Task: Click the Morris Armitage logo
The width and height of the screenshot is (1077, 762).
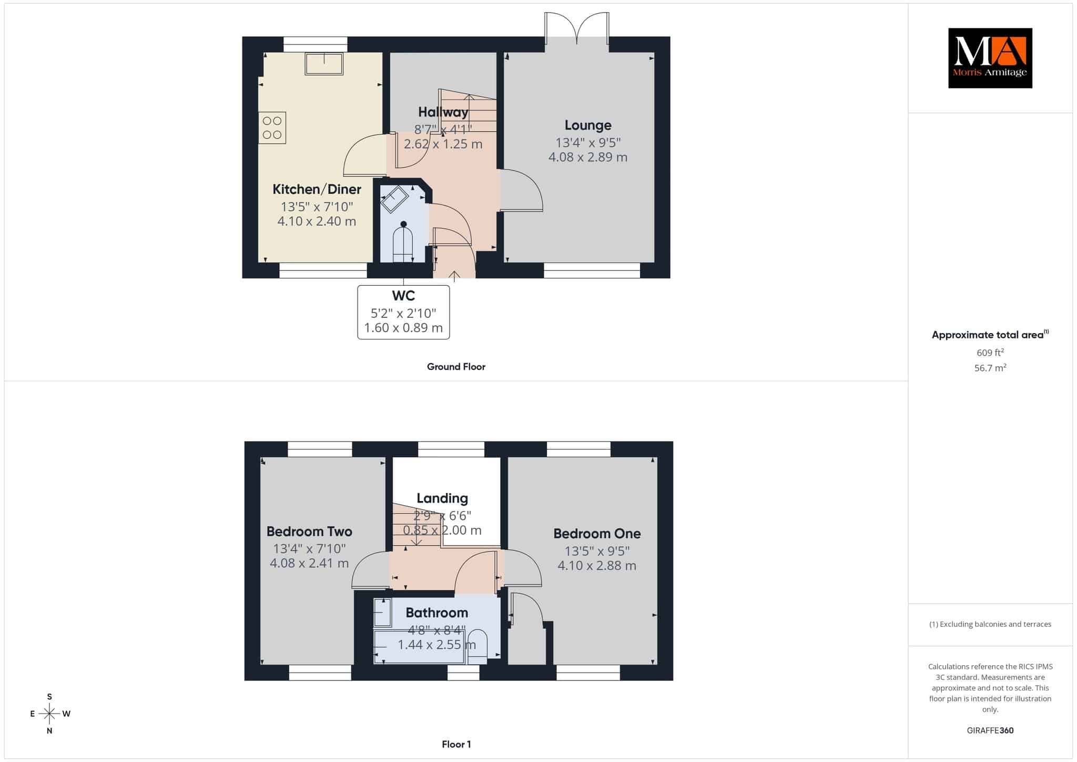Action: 990,58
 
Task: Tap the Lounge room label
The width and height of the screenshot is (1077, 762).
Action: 588,125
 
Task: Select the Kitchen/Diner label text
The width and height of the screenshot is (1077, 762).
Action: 317,189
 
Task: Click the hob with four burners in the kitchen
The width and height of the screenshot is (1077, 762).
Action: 272,127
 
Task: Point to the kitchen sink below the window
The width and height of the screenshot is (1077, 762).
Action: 324,64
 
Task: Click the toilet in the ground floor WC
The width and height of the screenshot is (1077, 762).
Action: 403,242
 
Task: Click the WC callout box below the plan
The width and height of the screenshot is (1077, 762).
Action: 403,312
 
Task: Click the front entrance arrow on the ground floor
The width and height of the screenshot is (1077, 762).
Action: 454,274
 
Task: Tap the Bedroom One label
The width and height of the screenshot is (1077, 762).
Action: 597,534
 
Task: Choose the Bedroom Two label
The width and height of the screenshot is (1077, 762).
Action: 309,532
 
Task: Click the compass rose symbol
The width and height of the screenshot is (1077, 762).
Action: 49,714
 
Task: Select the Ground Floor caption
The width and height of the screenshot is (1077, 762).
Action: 456,367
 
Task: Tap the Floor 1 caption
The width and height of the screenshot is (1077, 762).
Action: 456,744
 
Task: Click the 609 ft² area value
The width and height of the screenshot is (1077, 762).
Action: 990,353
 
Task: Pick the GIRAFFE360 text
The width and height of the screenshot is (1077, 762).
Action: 990,730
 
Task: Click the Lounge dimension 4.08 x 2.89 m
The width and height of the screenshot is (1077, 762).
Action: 588,157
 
